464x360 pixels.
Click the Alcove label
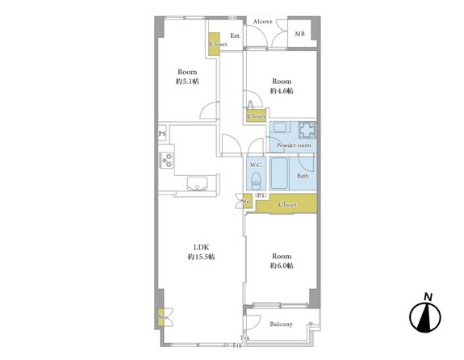[262, 21]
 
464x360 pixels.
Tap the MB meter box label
[299, 34]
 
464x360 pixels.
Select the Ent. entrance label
[236, 36]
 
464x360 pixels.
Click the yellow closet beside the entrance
[214, 44]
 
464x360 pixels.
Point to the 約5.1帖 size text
[187, 81]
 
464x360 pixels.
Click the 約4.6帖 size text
[282, 90]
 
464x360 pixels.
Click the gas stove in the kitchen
[166, 160]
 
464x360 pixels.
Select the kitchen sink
[198, 183]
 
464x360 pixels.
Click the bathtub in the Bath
[279, 174]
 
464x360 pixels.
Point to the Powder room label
[294, 145]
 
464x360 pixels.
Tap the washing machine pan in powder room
[307, 130]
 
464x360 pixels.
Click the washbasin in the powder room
[280, 128]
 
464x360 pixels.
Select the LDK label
[201, 247]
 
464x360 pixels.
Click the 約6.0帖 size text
[282, 266]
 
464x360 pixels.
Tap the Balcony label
[281, 324]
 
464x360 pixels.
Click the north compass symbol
[425, 316]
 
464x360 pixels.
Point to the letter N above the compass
[428, 297]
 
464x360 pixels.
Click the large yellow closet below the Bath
[286, 203]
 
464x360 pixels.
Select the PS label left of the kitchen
[162, 134]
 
